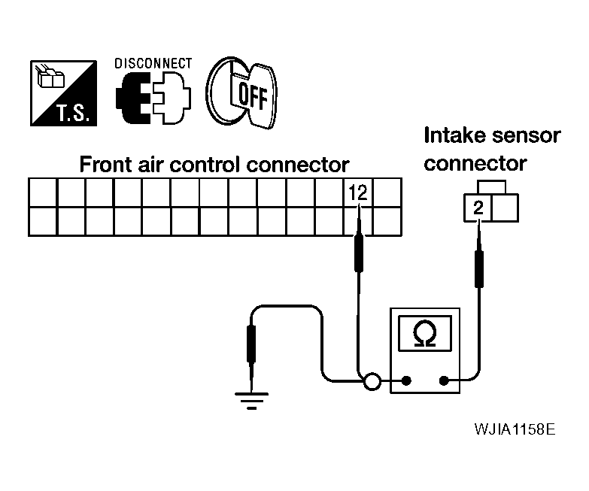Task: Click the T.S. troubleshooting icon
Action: (63, 93)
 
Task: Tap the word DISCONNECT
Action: (153, 63)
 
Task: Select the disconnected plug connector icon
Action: (153, 98)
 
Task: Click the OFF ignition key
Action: (241, 92)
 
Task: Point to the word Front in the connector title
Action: (106, 165)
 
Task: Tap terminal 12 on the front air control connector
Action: (358, 192)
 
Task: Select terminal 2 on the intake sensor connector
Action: (478, 208)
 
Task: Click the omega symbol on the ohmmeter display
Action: (425, 333)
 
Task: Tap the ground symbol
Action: (252, 401)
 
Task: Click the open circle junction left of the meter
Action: (372, 381)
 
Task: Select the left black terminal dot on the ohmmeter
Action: (406, 381)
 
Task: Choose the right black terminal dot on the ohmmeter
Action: (444, 381)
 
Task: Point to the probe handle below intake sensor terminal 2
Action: (479, 268)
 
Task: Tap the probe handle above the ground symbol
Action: (251, 344)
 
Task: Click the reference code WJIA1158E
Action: (515, 429)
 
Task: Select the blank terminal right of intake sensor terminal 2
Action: (505, 208)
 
